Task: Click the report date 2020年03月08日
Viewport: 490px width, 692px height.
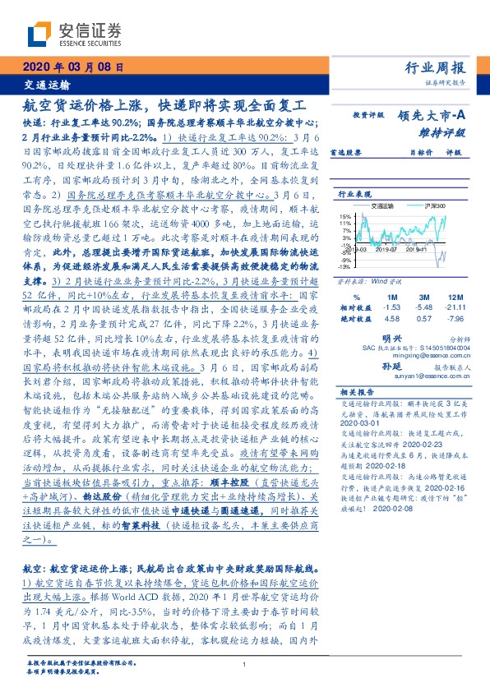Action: click(x=72, y=67)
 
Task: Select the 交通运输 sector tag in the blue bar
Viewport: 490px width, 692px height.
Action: click(x=45, y=85)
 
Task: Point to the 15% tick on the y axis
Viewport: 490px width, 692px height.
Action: click(x=345, y=215)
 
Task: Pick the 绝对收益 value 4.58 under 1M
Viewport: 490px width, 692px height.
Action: click(x=391, y=318)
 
